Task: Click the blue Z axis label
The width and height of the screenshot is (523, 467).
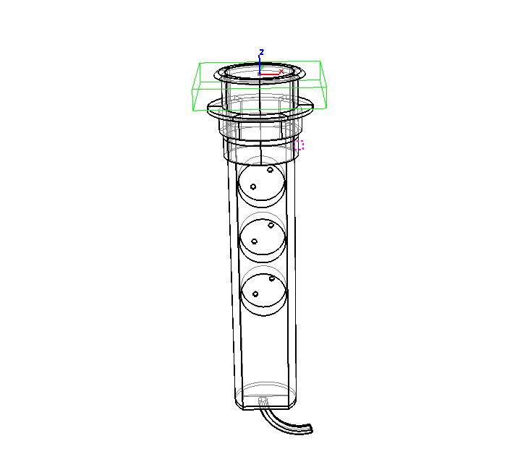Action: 262,52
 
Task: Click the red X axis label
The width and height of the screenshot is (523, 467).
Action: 281,72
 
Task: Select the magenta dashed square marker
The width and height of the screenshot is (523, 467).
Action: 299,145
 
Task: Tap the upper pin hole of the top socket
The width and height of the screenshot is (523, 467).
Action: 270,170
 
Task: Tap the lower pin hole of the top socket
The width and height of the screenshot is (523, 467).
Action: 253,187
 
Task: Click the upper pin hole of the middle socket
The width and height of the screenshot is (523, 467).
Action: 271,226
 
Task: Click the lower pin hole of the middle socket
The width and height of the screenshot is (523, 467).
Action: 254,241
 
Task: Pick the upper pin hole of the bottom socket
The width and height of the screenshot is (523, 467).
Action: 271,278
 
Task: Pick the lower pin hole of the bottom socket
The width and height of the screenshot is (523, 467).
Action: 255,294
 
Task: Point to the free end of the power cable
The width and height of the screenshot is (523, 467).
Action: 311,429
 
